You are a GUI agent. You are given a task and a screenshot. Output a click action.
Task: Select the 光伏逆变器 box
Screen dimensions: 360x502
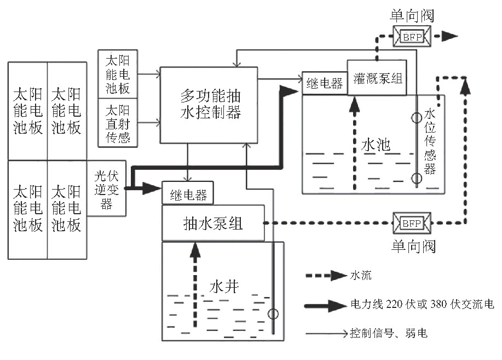(x=107, y=188)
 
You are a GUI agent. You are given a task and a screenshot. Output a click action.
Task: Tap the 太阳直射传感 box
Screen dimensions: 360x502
(x=117, y=123)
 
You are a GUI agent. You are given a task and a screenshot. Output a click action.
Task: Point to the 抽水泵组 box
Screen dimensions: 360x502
(x=214, y=223)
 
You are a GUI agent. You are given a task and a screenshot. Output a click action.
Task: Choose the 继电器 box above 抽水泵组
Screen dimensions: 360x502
(x=187, y=193)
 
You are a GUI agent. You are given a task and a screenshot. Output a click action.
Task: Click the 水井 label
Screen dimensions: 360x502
(x=224, y=285)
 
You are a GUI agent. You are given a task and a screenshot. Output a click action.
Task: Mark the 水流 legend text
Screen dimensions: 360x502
(x=360, y=275)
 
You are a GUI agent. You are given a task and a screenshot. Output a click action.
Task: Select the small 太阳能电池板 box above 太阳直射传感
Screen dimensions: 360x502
(x=117, y=74)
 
